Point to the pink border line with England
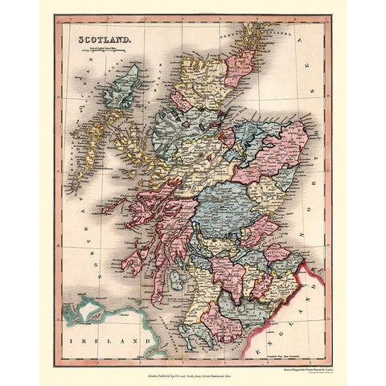(x=302, y=298)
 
